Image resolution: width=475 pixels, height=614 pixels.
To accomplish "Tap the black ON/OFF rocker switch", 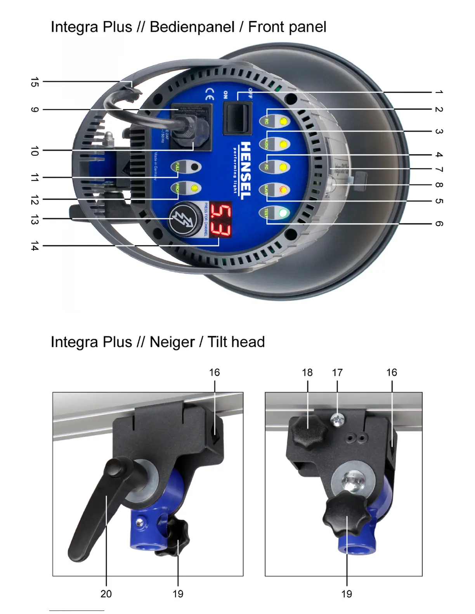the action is click(x=237, y=117).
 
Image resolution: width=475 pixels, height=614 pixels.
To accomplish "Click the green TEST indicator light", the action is click(x=284, y=213).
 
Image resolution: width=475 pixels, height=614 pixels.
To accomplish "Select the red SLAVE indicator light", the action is click(x=284, y=190).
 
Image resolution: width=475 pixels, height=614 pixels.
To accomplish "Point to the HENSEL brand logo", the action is click(x=246, y=171).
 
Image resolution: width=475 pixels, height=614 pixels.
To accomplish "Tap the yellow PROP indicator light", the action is click(x=194, y=188).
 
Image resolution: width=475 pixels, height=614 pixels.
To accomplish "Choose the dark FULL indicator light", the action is click(x=195, y=167).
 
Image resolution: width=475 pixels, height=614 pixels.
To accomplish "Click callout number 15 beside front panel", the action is click(x=35, y=82).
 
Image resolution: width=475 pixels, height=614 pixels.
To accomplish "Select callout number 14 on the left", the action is click(x=35, y=246).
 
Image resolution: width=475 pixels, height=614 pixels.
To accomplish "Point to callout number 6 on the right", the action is click(x=439, y=224).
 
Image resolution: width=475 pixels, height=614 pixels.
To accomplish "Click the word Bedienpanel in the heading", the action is click(x=192, y=27).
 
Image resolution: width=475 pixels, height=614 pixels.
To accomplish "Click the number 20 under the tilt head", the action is click(x=106, y=593).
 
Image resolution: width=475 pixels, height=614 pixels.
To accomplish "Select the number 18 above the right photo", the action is click(x=307, y=373).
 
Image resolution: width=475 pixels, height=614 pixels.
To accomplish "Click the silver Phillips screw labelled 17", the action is click(x=337, y=419).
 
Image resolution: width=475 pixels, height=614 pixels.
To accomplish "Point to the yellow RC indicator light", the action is click(x=284, y=121).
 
